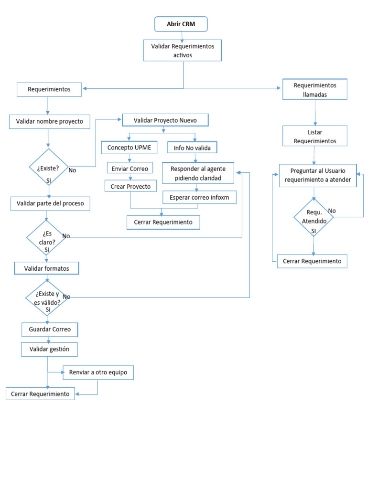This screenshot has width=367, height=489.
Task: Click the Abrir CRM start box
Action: click(x=181, y=24)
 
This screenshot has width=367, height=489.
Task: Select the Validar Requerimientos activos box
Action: click(x=183, y=50)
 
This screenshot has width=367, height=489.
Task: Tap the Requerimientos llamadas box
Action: click(x=314, y=89)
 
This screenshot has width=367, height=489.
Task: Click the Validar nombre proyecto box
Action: click(x=50, y=121)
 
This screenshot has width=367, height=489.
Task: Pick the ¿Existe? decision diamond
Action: click(x=48, y=168)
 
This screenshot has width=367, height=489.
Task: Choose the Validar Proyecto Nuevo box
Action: click(x=165, y=120)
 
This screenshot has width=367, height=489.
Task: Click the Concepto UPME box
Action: click(x=129, y=148)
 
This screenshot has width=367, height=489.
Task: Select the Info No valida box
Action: click(x=192, y=148)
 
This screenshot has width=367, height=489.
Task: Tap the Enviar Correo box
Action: click(x=130, y=168)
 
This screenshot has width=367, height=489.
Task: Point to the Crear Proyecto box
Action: click(x=130, y=186)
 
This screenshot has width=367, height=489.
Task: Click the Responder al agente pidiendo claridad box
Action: click(x=198, y=173)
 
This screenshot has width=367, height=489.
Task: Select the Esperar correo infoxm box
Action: click(x=199, y=197)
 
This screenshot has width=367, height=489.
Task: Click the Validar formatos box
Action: click(x=46, y=268)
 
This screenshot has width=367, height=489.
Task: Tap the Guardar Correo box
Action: click(x=50, y=329)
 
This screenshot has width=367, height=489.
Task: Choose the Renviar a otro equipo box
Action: click(x=98, y=372)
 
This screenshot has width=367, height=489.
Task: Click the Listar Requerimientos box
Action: click(x=314, y=137)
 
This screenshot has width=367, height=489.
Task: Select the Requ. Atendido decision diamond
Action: click(x=313, y=217)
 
